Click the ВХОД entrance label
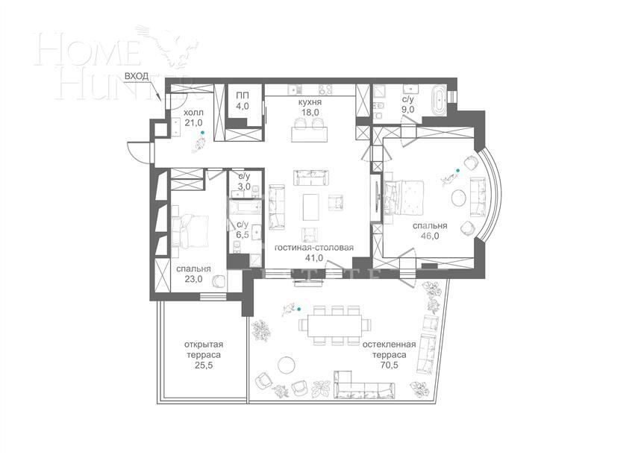point(137,77)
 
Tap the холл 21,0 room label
point(193,118)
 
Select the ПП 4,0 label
point(243,101)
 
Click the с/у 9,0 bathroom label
point(408,104)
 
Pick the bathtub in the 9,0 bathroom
point(440,100)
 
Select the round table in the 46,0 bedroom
point(460,198)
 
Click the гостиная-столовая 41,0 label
point(313,252)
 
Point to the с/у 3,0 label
point(243,181)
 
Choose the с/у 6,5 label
point(243,229)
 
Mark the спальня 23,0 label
point(193,274)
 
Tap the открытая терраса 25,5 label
point(204,356)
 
